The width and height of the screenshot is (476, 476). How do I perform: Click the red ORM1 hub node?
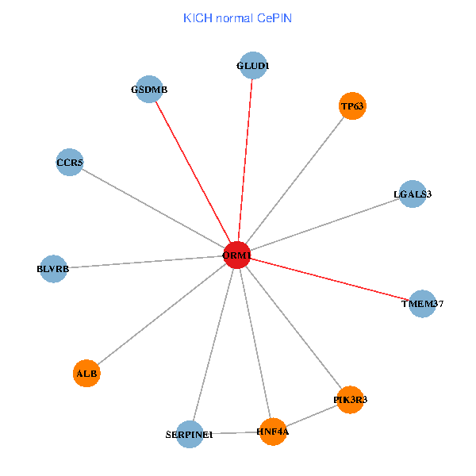(237, 255)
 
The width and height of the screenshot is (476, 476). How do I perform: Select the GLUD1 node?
(252, 66)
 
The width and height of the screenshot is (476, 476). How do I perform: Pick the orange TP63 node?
(352, 106)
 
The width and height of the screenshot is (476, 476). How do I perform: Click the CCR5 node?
(70, 163)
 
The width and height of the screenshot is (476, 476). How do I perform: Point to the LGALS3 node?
(412, 194)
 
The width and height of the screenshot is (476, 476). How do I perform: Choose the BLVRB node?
(53, 269)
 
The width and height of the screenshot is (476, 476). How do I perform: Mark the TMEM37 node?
(423, 304)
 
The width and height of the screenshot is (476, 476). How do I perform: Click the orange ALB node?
(86, 373)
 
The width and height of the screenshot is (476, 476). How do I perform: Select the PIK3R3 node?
(350, 401)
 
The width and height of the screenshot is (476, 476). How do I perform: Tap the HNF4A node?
(273, 432)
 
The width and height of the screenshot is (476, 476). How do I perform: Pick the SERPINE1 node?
(190, 434)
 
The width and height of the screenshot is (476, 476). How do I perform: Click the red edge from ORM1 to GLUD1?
(245, 159)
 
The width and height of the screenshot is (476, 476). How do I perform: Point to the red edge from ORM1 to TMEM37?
(330, 279)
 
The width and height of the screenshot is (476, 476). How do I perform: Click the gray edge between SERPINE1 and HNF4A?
(231, 433)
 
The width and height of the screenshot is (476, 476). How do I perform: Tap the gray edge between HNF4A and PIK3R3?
(311, 416)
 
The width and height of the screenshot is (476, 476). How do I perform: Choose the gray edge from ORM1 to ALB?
(162, 314)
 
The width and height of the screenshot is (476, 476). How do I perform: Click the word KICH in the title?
(195, 17)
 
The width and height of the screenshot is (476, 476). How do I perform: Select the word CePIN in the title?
(274, 17)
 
